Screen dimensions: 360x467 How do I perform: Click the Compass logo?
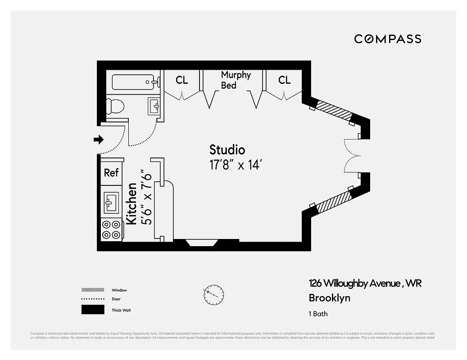[387, 39]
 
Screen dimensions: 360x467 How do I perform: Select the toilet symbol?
[114, 106]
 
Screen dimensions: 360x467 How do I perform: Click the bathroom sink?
[154, 107]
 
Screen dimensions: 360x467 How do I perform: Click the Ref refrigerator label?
[111, 172]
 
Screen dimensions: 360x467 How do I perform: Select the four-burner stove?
[111, 229]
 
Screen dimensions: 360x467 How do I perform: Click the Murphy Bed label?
[235, 80]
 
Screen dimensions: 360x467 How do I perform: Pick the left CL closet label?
[182, 81]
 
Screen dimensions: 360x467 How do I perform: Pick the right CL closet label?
[284, 80]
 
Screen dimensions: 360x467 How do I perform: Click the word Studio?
[227, 150]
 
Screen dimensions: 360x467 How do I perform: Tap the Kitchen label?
[131, 203]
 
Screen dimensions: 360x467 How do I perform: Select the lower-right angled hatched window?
[333, 202]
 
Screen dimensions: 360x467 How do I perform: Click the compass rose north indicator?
[213, 295]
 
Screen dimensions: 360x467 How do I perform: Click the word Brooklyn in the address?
[329, 298]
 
